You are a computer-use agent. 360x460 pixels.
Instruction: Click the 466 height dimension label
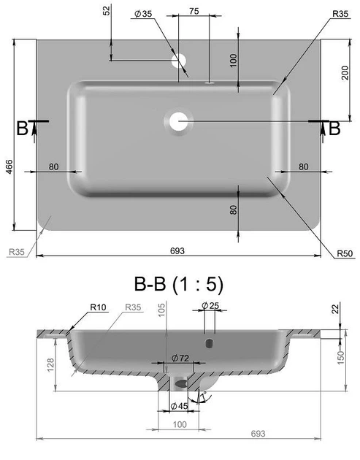[9, 166]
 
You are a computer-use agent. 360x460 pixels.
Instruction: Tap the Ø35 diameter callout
[143, 13]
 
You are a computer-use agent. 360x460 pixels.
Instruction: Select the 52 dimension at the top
[107, 10]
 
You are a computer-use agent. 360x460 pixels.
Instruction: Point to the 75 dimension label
[194, 11]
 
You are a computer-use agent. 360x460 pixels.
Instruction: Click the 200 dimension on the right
[345, 73]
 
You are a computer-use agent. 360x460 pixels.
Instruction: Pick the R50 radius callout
[345, 253]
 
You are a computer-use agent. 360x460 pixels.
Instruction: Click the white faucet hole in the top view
[179, 61]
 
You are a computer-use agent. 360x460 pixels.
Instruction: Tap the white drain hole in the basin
[178, 121]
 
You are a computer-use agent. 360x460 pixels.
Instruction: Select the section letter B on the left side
[22, 129]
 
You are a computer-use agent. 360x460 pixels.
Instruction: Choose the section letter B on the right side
[334, 129]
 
